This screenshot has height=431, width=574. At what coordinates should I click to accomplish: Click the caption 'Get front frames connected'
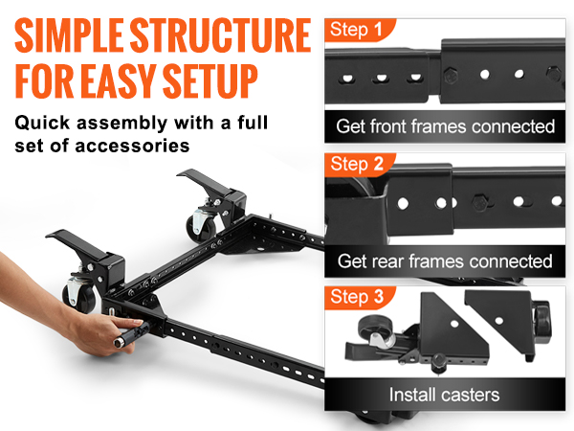[x=445, y=125]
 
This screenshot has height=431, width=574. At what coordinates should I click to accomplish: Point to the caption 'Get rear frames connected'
[x=445, y=261]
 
